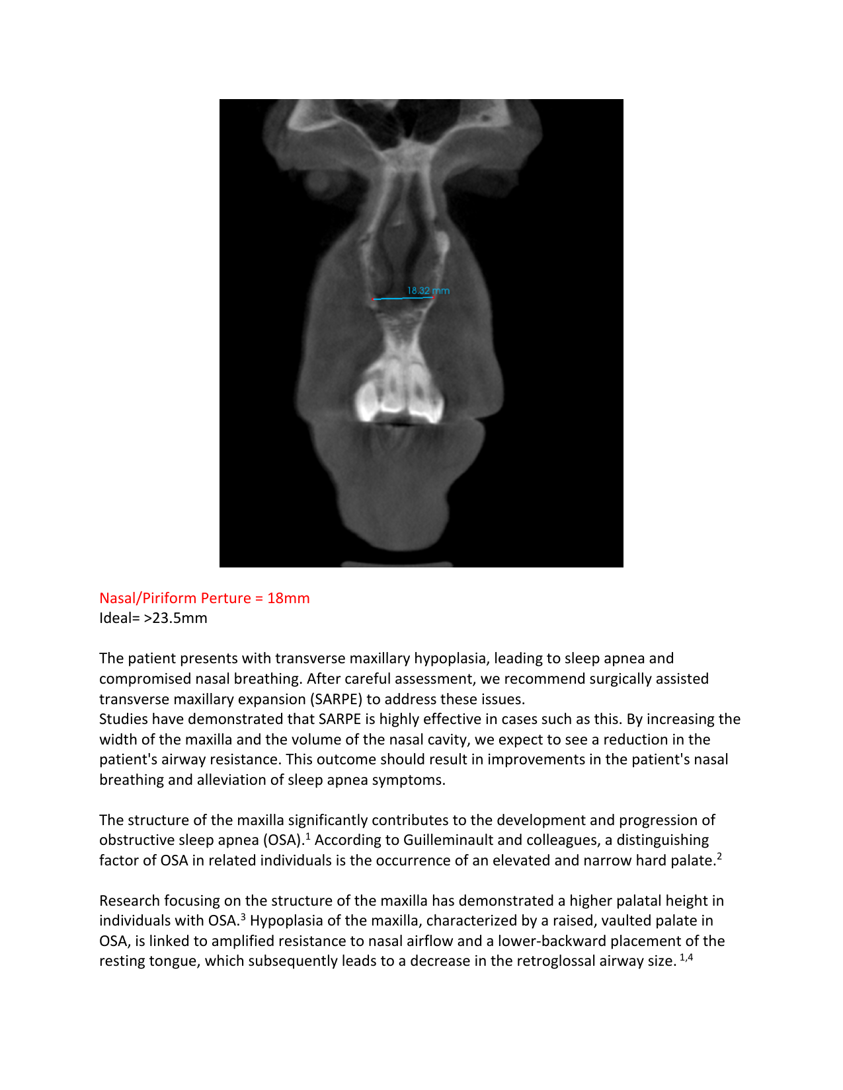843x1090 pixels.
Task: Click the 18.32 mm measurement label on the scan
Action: click(428, 291)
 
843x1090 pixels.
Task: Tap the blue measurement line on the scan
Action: click(403, 299)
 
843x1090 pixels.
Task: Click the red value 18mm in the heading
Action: click(288, 599)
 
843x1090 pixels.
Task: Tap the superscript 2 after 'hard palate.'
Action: click(719, 857)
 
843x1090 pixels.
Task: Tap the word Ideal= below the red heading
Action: click(120, 618)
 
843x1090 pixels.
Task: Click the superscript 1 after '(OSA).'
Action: click(308, 836)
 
